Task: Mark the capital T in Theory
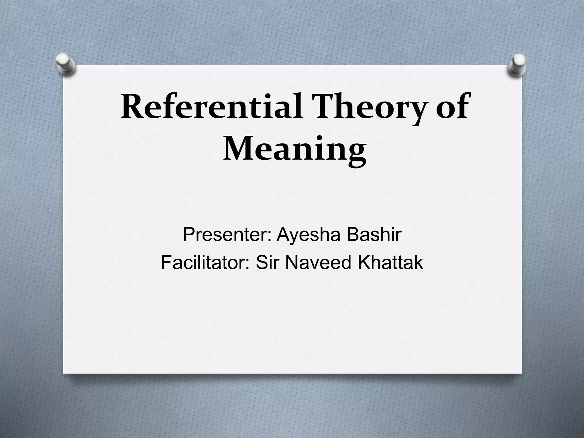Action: click(x=318, y=107)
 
